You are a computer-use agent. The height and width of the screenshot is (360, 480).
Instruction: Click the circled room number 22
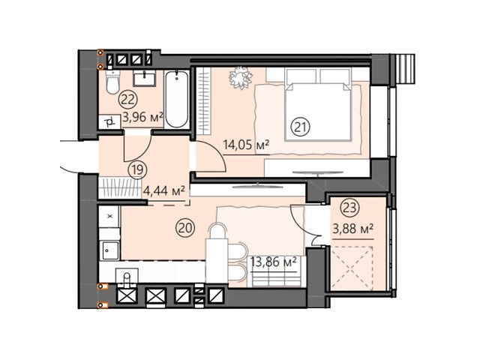point(128,100)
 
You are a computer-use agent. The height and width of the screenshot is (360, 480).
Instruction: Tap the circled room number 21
point(301,127)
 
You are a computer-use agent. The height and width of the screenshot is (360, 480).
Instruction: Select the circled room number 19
point(138,170)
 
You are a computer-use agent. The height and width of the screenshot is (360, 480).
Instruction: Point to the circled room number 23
point(350,208)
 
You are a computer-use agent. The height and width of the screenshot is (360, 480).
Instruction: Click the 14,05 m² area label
point(246,145)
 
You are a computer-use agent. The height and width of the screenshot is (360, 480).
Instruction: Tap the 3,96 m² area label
point(142,117)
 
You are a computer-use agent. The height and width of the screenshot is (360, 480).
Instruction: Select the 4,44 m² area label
point(164,191)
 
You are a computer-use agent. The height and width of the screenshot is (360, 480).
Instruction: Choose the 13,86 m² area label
point(273,262)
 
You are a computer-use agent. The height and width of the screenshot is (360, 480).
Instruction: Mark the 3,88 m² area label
point(353,228)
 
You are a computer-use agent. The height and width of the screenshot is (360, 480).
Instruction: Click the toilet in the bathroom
point(112,82)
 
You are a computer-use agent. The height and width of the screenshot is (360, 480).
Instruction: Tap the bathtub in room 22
point(177,99)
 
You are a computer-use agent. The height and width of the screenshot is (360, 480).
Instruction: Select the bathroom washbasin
point(145,78)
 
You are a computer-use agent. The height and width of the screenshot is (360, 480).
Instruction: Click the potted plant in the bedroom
point(240,77)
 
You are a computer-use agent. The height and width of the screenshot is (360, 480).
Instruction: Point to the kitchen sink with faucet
point(127,277)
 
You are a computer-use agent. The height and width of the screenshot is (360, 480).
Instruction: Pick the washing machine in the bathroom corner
point(109,122)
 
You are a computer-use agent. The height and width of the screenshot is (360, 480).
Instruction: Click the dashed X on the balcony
point(352,268)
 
